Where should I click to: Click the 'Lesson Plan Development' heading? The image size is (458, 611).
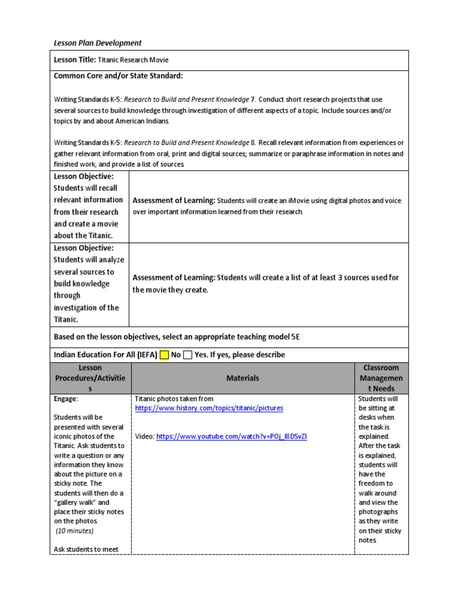click(98, 42)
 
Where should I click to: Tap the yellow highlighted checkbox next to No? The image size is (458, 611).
click(165, 355)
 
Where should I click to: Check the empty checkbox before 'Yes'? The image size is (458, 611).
click(187, 355)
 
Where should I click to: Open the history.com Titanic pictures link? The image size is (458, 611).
click(209, 408)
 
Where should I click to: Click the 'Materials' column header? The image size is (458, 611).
click(243, 378)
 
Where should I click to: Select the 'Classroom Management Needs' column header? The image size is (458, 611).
click(382, 378)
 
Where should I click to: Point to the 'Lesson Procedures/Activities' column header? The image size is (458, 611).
click(91, 378)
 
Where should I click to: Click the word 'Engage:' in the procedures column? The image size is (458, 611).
click(66, 399)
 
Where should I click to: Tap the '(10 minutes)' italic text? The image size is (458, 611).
click(75, 530)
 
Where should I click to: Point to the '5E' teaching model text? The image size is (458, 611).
click(295, 337)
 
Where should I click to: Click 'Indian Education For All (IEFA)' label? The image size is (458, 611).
click(106, 355)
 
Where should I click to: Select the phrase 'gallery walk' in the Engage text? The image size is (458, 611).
click(76, 502)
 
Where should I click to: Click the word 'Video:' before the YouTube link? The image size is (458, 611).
click(144, 437)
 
